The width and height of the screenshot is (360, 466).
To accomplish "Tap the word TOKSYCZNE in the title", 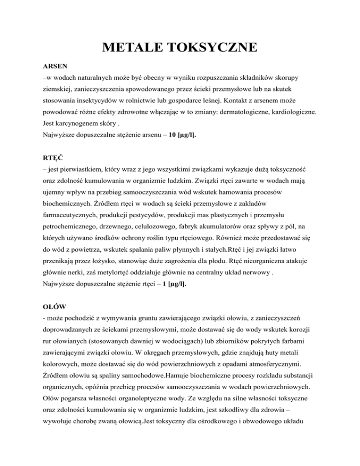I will tap(217, 48).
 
